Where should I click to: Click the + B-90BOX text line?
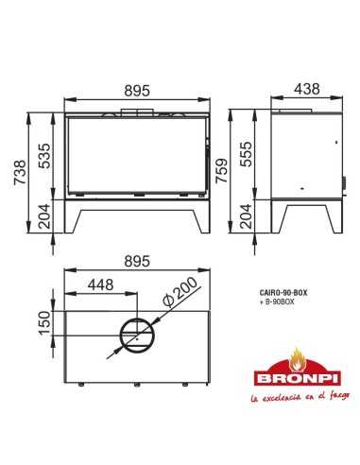[x=277, y=302]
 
